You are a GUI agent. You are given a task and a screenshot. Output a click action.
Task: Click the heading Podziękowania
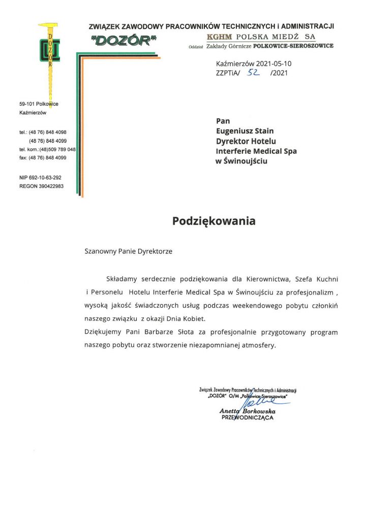click(x=213, y=221)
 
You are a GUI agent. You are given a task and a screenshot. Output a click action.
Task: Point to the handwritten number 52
click(x=253, y=73)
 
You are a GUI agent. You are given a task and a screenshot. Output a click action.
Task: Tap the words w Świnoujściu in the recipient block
click(x=241, y=161)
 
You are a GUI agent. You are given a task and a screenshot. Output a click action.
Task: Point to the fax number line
click(x=43, y=158)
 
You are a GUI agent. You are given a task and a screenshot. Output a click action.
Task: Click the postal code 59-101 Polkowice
click(x=39, y=104)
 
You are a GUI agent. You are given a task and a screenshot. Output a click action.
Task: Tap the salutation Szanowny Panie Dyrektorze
click(x=128, y=251)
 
